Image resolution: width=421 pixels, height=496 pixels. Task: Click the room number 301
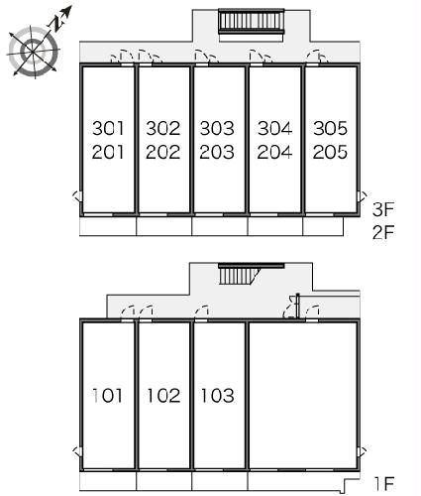(108, 128)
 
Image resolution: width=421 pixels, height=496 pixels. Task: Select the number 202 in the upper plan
(163, 152)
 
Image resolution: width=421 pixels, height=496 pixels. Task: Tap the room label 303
(217, 128)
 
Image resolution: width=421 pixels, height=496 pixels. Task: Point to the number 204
(274, 152)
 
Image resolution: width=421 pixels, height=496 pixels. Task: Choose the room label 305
(330, 128)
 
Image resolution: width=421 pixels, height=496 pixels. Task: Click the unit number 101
(107, 396)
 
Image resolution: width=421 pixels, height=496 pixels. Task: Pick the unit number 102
(163, 396)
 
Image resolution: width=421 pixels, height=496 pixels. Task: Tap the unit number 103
(218, 396)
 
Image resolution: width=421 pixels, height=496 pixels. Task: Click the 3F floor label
(383, 209)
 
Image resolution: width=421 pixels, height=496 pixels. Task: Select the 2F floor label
(383, 232)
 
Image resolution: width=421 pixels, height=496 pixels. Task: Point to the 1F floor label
(384, 484)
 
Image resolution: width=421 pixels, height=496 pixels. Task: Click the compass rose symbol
(34, 52)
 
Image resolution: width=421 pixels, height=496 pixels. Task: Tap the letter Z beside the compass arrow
(56, 24)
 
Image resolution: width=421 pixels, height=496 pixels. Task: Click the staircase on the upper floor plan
(252, 21)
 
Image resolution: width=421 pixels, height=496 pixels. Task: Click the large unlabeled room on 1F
(303, 395)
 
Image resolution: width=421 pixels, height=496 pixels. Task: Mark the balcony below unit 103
(220, 481)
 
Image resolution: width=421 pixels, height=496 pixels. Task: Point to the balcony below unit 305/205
(323, 226)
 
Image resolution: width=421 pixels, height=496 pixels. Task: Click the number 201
(108, 152)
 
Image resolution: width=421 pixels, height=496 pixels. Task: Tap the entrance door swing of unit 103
(202, 310)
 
